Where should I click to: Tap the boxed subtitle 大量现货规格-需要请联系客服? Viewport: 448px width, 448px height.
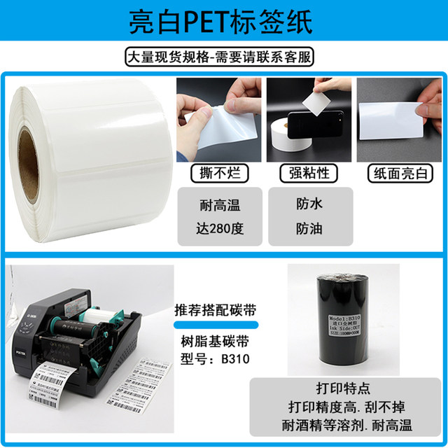point(224,56)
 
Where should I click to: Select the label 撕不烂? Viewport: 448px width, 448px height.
point(218,173)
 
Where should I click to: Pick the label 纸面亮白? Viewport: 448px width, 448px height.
point(399,173)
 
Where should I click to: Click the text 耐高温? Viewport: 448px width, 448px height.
point(218,206)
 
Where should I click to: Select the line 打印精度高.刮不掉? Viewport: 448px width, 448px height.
point(347,407)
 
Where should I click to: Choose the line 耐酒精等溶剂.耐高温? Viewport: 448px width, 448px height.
point(347,424)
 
